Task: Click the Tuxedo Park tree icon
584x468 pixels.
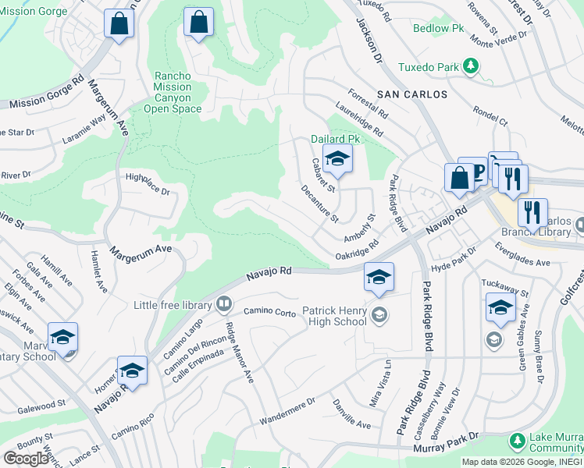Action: pyautogui.click(x=471, y=66)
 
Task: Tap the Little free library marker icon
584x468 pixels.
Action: pyautogui.click(x=224, y=303)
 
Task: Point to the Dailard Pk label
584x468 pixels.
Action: pyautogui.click(x=335, y=138)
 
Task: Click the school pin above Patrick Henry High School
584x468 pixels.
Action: pyautogui.click(x=379, y=278)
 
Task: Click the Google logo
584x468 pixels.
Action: pyautogui.click(x=27, y=458)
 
